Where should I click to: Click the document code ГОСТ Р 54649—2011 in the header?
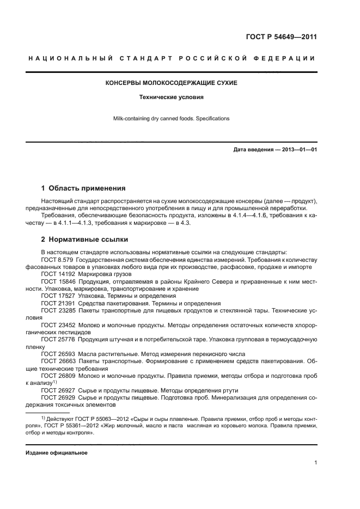(283, 37)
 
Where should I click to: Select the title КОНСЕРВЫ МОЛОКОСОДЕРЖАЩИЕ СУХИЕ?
(171, 83)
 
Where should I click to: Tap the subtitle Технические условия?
(171, 97)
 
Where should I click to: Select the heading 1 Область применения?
(83, 188)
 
